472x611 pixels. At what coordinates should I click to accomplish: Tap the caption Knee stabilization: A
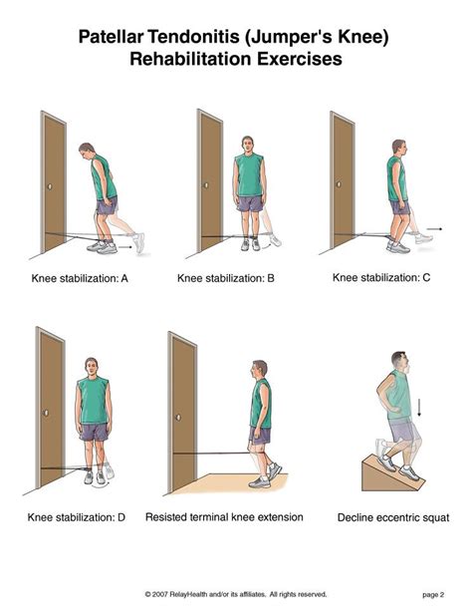(x=78, y=279)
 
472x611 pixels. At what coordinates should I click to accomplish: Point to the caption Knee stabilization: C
(x=381, y=278)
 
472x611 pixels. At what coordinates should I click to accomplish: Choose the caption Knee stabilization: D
(x=78, y=517)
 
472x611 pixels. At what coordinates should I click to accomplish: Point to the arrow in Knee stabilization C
(x=425, y=238)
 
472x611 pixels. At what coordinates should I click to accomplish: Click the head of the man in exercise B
(x=249, y=144)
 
